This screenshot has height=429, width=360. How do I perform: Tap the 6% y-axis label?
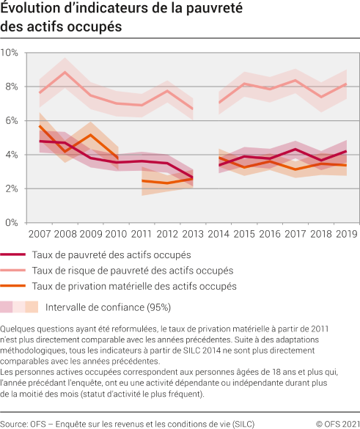click(x=12, y=121)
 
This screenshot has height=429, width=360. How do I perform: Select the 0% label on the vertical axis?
click(x=12, y=222)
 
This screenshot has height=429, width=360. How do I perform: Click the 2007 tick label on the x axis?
click(x=39, y=234)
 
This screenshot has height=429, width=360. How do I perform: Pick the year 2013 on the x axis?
click(x=193, y=234)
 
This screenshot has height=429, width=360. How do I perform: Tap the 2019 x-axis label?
click(x=346, y=234)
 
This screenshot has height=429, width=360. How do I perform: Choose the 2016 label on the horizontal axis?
click(x=269, y=234)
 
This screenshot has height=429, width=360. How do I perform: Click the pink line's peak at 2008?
click(x=65, y=72)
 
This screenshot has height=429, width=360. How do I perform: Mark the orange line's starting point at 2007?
click(x=40, y=126)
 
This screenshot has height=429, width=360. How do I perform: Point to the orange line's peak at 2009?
click(x=91, y=135)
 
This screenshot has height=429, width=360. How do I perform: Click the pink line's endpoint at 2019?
click(x=346, y=84)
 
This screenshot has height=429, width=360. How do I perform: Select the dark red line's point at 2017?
click(x=295, y=150)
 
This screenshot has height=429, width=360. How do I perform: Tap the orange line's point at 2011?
click(x=142, y=180)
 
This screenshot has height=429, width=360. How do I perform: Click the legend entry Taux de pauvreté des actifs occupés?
click(x=111, y=254)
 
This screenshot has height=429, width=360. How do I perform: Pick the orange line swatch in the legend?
click(x=14, y=287)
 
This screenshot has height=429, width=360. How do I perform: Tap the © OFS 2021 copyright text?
click(x=337, y=423)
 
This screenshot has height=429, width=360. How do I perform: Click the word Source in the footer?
click(x=14, y=423)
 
